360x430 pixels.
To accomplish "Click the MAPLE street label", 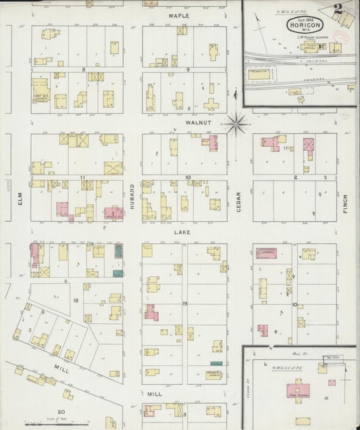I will (x=179, y=15).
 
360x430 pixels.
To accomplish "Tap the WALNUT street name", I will (x=179, y=124).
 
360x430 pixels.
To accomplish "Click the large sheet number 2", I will (x=337, y=9).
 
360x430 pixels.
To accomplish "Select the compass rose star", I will (x=236, y=124).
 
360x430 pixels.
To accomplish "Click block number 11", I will (x=82, y=178).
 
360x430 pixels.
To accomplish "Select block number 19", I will (x=184, y=305).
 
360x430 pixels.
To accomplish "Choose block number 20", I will (x=61, y=412).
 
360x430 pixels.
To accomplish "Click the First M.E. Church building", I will (x=41, y=89).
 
